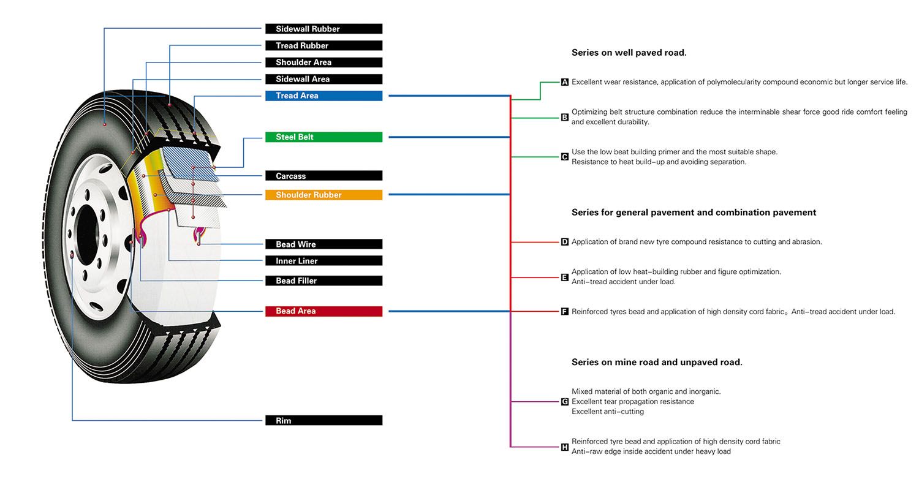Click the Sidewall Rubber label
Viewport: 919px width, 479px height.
click(323, 29)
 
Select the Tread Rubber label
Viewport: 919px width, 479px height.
click(323, 45)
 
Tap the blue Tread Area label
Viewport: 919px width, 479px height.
click(323, 96)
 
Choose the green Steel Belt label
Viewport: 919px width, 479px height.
click(323, 137)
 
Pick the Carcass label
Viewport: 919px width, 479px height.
click(323, 176)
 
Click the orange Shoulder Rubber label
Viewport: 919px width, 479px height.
click(323, 195)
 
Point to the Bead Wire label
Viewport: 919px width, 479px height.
click(323, 244)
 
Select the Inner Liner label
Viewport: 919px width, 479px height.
click(323, 261)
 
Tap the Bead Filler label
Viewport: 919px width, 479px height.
click(323, 281)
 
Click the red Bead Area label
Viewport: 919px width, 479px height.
click(323, 311)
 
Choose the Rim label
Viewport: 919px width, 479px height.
click(323, 420)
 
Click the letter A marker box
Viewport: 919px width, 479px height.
click(564, 82)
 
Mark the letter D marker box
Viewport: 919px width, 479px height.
click(564, 242)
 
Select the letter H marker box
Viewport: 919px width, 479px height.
click(564, 447)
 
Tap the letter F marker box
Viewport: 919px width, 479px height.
click(564, 312)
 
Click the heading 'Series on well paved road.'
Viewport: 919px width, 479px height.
click(629, 53)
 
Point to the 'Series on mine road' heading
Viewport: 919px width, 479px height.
click(657, 362)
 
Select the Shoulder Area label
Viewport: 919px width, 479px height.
click(323, 62)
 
